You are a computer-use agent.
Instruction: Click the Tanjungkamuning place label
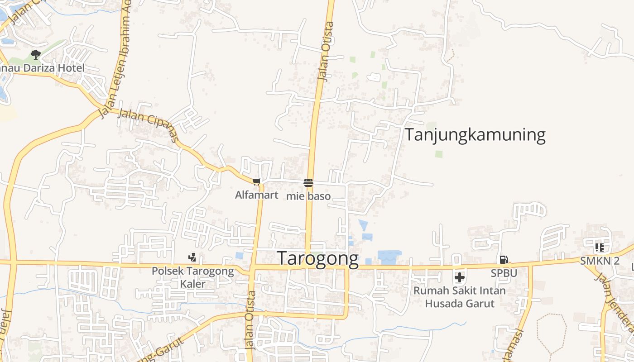point(475,135)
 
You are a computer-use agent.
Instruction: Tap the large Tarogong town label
point(317,258)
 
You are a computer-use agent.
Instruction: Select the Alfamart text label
point(256,195)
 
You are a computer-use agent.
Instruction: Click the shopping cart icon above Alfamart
point(257,182)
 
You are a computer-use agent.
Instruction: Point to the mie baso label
point(308,196)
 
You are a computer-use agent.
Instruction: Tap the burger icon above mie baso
point(308,182)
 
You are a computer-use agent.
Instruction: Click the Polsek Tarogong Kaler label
point(193,277)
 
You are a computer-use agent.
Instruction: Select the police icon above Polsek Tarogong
point(192,257)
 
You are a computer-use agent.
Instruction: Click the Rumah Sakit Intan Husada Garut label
point(459,296)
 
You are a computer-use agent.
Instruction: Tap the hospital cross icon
point(460,277)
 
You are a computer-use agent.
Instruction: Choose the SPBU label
point(504,273)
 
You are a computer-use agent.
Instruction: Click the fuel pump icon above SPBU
point(504,260)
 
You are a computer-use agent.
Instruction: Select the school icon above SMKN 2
point(600,247)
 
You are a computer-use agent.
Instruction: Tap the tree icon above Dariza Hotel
point(36,55)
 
